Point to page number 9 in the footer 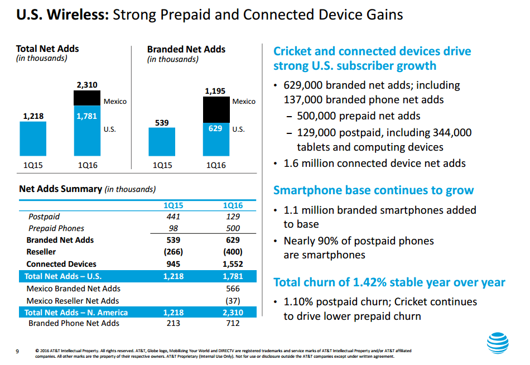coord(17,351)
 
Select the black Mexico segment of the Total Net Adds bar coord(87,98)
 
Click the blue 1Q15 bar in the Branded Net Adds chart coord(162,142)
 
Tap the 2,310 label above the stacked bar coord(87,85)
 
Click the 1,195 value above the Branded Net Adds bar coord(216,90)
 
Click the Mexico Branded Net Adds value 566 coord(233,289)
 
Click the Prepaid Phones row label coord(56,228)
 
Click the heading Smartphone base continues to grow coord(373,190)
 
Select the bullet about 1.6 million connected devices coord(374,164)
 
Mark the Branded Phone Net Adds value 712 coord(233,323)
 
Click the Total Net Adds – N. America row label coord(76,312)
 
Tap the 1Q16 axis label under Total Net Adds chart coord(87,165)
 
